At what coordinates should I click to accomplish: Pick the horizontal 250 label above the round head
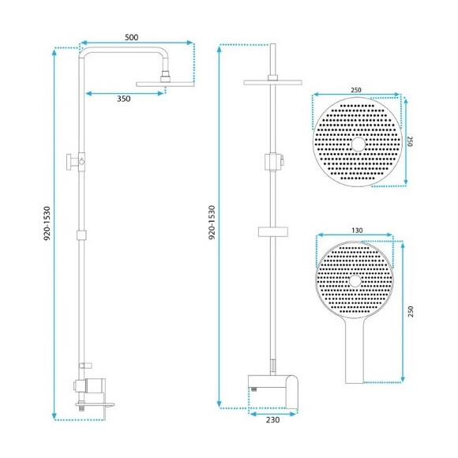tap(356, 90)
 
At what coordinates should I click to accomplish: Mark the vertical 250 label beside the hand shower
tap(411, 311)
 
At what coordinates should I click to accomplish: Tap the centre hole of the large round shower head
tap(358, 143)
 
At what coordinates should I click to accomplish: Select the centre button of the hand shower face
tap(355, 280)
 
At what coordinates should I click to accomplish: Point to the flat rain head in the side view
tap(164, 83)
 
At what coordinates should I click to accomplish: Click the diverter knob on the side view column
tap(73, 162)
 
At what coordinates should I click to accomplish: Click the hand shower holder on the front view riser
tap(271, 162)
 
